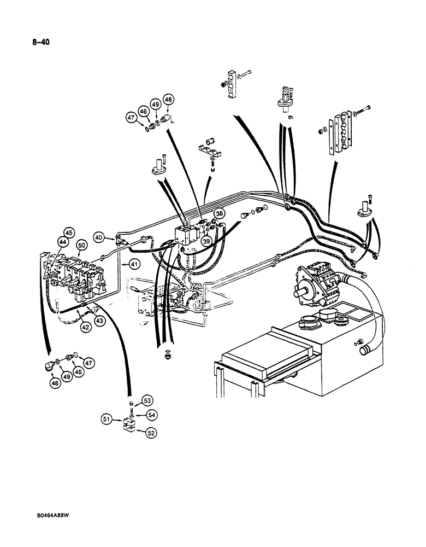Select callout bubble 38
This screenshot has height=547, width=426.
[x=219, y=214]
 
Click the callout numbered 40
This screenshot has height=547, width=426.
[x=99, y=238]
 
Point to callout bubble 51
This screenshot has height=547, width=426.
[x=106, y=420]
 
